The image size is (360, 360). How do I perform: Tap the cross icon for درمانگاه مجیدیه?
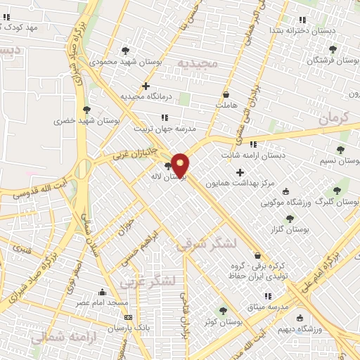[x=146, y=86]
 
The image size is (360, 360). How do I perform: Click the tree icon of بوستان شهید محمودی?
[x=125, y=51]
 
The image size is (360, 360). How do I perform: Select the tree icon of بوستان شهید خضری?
[x=86, y=110]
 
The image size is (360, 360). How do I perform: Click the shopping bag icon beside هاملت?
[x=226, y=94]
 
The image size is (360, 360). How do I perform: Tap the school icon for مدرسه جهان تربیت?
[x=165, y=117]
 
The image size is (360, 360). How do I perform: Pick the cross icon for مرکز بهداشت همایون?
[x=240, y=172]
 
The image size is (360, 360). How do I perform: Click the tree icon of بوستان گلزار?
[x=289, y=219]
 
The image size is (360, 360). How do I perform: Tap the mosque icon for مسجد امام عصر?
[x=103, y=292]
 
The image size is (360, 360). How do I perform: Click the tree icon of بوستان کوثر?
[x=224, y=310]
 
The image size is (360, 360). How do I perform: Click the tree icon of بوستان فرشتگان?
[x=333, y=49]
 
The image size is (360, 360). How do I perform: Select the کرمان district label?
[x=333, y=118]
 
